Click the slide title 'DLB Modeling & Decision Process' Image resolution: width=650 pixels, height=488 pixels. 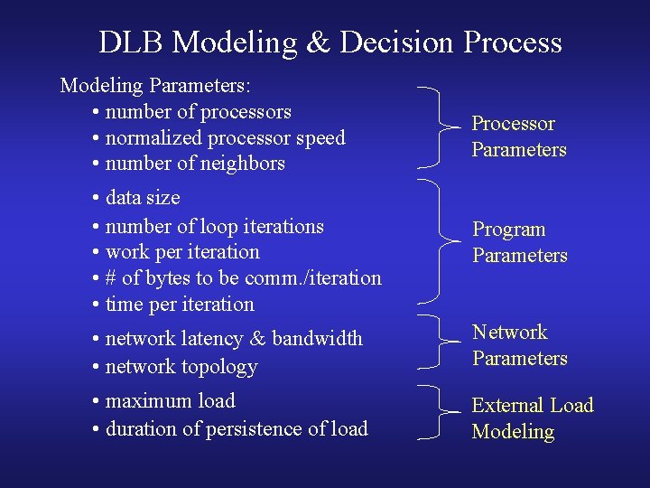tap(330, 42)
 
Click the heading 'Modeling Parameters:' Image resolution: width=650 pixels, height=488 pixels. tap(155, 86)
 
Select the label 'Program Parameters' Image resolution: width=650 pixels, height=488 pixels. tap(520, 242)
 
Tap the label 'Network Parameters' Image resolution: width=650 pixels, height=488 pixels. tap(520, 345)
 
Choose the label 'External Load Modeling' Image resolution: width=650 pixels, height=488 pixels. tap(532, 418)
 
